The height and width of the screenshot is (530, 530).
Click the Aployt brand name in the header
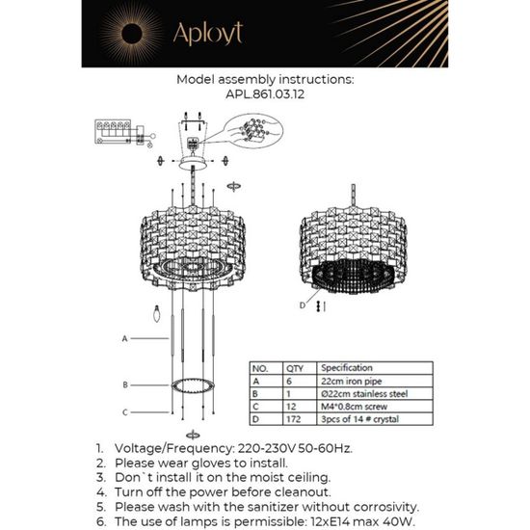(x=207, y=35)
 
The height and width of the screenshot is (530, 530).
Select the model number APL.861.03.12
(x=265, y=96)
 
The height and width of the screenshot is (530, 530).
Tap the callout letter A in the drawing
(x=125, y=339)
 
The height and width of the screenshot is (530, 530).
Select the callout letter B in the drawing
(x=125, y=384)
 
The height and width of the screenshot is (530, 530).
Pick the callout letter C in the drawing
(x=125, y=412)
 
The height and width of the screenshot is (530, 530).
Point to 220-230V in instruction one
(x=268, y=449)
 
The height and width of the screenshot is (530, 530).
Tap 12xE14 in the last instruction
(x=335, y=520)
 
